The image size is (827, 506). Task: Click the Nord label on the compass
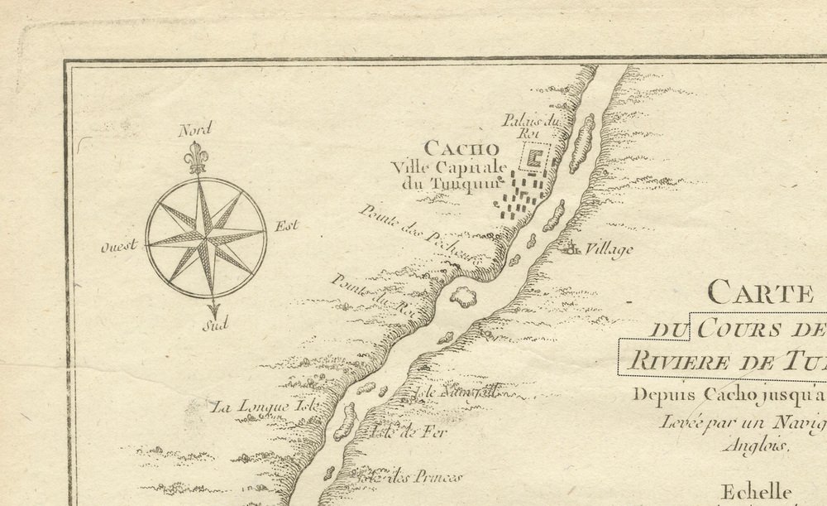pyautogui.click(x=196, y=128)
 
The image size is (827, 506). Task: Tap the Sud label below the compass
pyautogui.click(x=214, y=325)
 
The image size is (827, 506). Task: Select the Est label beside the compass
pyautogui.click(x=286, y=225)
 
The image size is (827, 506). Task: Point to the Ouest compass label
pyautogui.click(x=118, y=247)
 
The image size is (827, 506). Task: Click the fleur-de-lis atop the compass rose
pyautogui.click(x=196, y=157)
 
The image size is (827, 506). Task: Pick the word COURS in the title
pyautogui.click(x=738, y=329)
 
